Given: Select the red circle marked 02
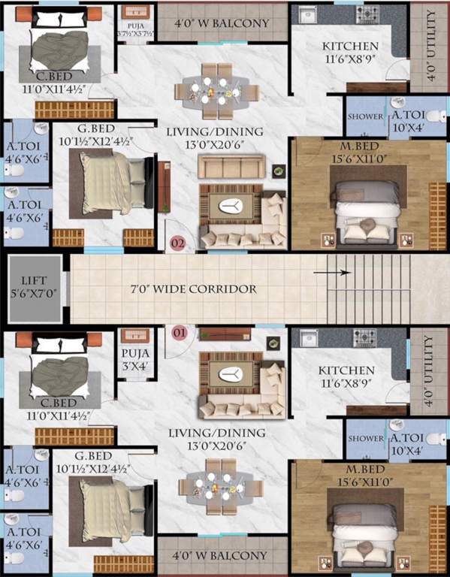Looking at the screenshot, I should (178, 243).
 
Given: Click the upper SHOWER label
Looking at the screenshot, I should (365, 117).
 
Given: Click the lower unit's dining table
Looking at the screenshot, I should (219, 488).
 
